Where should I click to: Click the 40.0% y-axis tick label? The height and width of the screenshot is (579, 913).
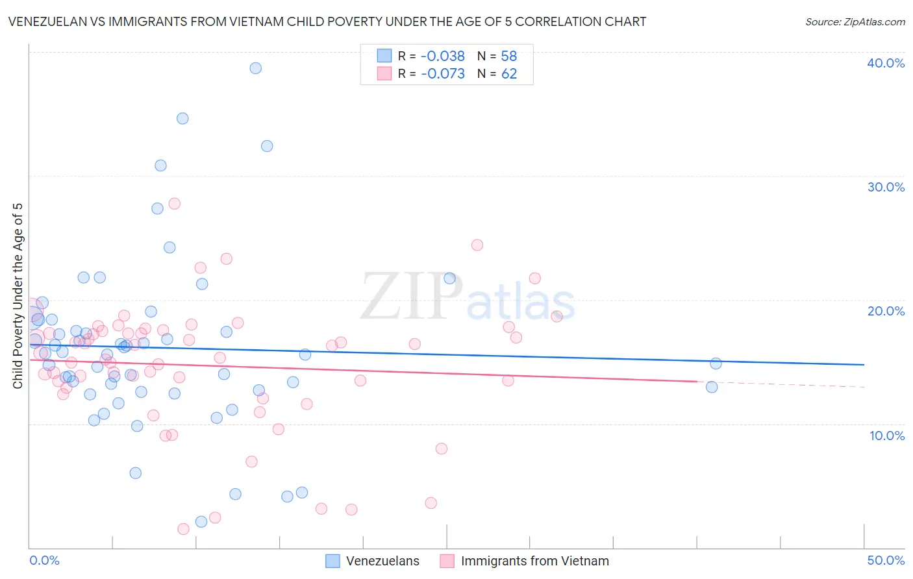(886, 63)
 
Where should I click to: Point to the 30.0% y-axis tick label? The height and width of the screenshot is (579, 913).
(886, 187)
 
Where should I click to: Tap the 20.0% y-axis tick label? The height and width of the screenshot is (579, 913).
(886, 311)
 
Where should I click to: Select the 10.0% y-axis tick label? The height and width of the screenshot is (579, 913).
(887, 436)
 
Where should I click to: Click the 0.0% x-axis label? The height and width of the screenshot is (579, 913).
(44, 560)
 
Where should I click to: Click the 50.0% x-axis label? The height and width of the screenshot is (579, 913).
(886, 560)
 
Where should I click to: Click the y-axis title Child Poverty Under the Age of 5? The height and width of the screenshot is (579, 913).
(18, 296)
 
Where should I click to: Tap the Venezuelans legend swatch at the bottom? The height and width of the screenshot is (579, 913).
(333, 561)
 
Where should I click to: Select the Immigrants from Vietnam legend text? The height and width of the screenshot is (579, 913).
(534, 561)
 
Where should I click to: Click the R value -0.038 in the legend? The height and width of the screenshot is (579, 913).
(442, 56)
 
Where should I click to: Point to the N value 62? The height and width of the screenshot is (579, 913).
(509, 74)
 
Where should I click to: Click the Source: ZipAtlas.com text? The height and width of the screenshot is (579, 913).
(855, 22)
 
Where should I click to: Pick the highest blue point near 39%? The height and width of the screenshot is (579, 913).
(256, 68)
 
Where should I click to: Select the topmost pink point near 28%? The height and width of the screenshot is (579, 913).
(174, 204)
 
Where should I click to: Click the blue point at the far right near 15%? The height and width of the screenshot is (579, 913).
(716, 363)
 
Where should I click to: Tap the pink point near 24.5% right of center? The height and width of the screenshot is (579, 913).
(477, 245)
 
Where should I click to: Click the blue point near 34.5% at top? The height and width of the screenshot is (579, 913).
(182, 119)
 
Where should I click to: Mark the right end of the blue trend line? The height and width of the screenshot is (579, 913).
(864, 365)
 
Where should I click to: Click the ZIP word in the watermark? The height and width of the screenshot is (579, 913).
(412, 297)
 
